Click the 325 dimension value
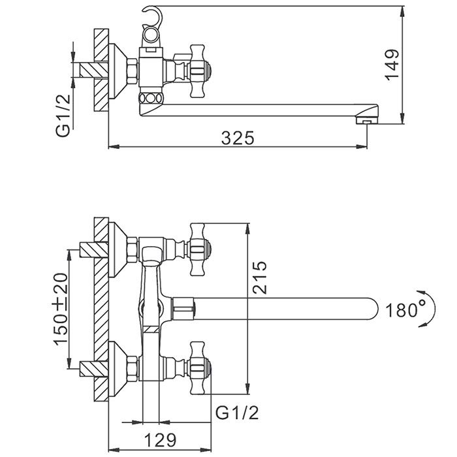click(237, 138)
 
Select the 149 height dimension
click(391, 63)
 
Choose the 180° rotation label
click(405, 308)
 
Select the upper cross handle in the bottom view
click(199, 248)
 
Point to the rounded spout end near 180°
click(372, 307)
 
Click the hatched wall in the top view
click(101, 72)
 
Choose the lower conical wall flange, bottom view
click(119, 366)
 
